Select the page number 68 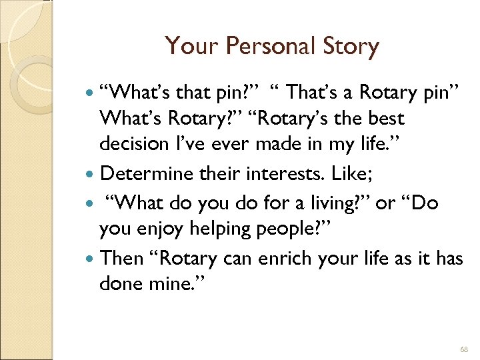[x=464, y=349]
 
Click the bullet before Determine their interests [x=91, y=174]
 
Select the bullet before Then [x=91, y=258]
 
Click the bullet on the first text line [x=91, y=91]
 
